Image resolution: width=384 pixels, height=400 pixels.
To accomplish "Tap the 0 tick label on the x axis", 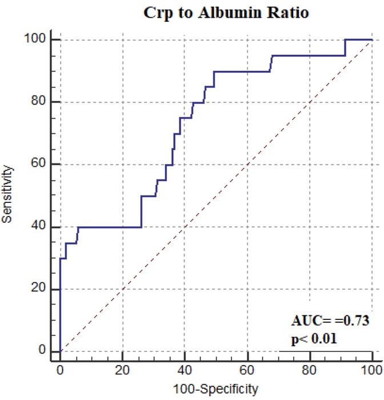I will (x=60, y=370).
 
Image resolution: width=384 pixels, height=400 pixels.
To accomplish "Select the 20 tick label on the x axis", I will (x=122, y=370).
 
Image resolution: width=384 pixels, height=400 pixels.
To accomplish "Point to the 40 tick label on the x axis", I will (x=185, y=370).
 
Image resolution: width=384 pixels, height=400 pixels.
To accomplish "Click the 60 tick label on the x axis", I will (x=247, y=370).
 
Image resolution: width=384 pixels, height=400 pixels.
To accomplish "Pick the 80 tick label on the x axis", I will (x=310, y=370).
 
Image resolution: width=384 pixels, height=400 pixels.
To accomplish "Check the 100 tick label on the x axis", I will (x=372, y=370).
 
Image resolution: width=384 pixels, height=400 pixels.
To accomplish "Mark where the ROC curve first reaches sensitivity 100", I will (x=345, y=40).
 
